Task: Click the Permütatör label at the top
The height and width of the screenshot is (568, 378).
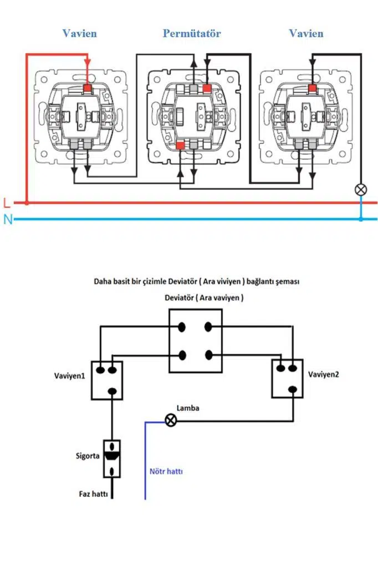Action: pos(192,33)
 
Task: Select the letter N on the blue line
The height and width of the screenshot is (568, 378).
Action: pos(7,220)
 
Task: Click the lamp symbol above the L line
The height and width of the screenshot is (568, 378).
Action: pos(361,190)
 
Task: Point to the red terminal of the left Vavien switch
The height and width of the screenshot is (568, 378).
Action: pos(87,88)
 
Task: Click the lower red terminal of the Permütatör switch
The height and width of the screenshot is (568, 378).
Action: pos(180,145)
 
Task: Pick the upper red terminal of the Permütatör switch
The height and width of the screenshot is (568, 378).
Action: pos(207,88)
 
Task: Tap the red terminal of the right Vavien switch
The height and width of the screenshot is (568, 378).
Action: pos(313,88)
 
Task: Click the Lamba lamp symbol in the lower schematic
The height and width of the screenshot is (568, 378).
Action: pos(171,421)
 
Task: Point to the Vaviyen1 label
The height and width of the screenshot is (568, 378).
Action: pos(69,375)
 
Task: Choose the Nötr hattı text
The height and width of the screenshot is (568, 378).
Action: pos(166,472)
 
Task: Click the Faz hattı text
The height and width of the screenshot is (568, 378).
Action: pos(93,493)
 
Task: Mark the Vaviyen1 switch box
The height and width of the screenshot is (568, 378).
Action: pos(108,380)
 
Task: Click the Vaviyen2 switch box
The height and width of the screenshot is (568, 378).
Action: pos(288,378)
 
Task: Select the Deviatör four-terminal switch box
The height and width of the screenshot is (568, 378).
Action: pos(196,341)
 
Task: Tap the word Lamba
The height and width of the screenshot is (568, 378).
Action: pos(188,408)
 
